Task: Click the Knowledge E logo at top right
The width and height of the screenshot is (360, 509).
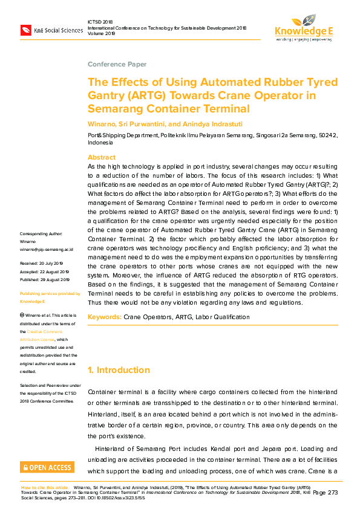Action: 304,30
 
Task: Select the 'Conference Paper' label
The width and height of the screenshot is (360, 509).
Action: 117,64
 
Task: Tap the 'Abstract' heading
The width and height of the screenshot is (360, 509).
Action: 102,157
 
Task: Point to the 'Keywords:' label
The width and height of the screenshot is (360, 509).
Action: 105,317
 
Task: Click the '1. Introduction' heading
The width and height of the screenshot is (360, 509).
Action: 119,370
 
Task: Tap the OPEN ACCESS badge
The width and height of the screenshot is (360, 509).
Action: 47,467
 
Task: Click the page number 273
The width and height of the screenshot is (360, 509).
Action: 333,493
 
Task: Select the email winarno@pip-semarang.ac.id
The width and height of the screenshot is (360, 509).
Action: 47,248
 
